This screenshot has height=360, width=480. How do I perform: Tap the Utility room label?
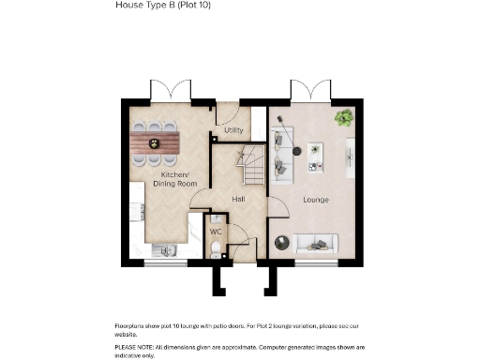[x=233, y=130]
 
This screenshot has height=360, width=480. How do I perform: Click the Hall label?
[x=238, y=200]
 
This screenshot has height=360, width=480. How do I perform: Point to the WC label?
[x=215, y=230]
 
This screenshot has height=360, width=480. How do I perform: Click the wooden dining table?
[x=157, y=142]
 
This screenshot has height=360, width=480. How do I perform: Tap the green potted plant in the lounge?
[x=344, y=118]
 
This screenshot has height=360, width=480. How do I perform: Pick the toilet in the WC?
[x=215, y=247]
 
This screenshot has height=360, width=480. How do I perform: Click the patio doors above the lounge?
[x=308, y=92]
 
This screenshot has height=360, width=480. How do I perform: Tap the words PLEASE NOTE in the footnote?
[x=133, y=346]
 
